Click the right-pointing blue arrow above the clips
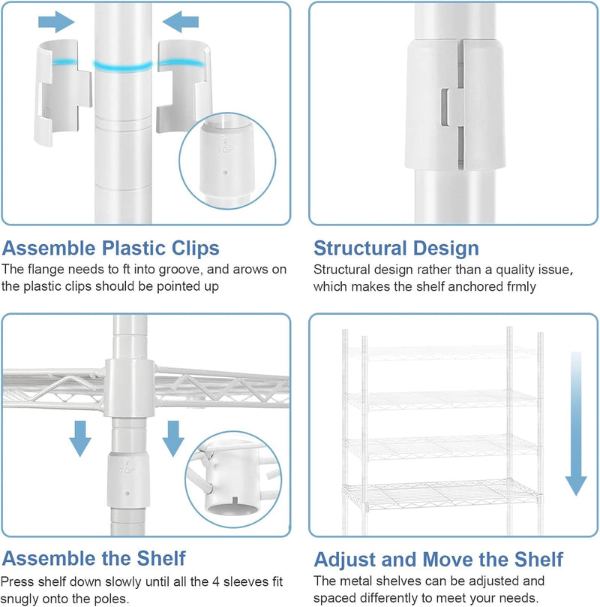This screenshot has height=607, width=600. click(56, 22)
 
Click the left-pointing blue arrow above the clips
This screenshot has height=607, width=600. click(181, 22)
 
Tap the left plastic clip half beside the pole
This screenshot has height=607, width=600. click(63, 92)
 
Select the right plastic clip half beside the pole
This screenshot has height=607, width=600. click(184, 86)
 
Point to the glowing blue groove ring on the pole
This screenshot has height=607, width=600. click(123, 66)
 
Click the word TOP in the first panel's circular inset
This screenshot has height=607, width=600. click(225, 149)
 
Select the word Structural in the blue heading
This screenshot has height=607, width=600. click(359, 248)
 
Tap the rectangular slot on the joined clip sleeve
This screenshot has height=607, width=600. click(445, 107)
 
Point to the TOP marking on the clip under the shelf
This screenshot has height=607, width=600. click(127, 470)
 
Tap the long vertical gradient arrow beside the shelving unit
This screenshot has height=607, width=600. click(576, 424)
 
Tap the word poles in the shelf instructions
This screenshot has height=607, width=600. click(112, 599)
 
